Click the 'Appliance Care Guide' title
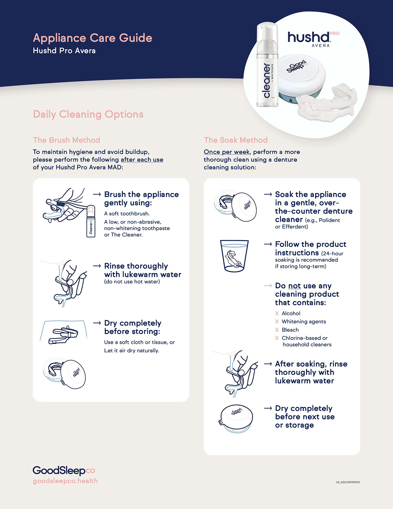(x=92, y=38)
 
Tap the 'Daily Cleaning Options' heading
(x=88, y=114)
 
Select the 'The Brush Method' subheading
(x=66, y=140)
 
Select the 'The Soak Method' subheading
(x=235, y=140)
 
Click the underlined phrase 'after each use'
(x=142, y=160)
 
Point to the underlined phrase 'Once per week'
(x=227, y=152)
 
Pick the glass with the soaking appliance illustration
(x=234, y=256)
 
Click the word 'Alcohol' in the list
(x=291, y=313)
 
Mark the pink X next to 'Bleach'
(x=277, y=330)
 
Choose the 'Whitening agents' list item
(x=304, y=322)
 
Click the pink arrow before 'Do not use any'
(x=268, y=286)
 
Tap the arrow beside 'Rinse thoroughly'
(x=97, y=266)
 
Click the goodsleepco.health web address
(x=65, y=481)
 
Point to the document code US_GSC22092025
(x=347, y=482)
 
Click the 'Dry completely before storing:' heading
(x=133, y=327)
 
